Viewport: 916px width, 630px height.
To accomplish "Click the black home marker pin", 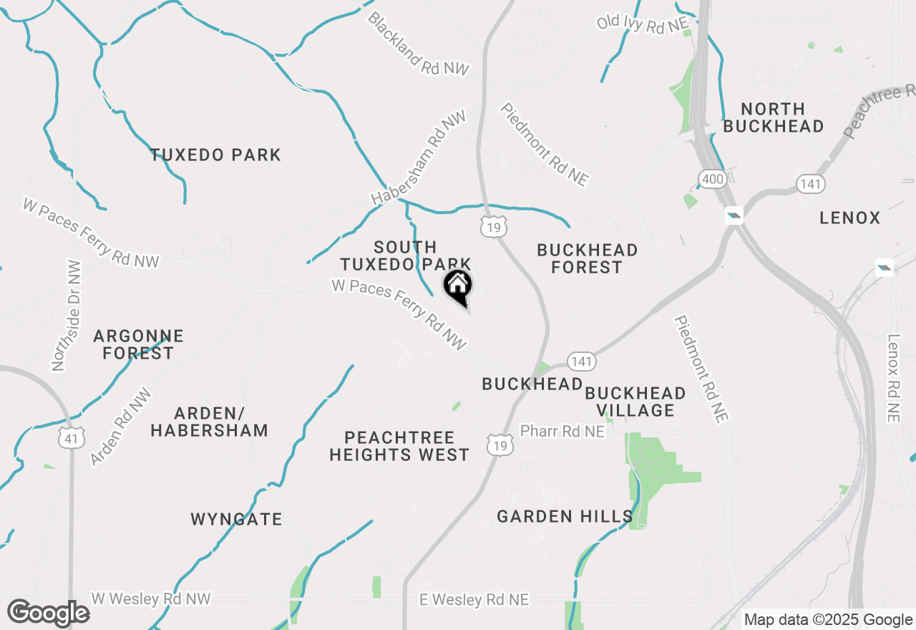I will pyautogui.click(x=458, y=288).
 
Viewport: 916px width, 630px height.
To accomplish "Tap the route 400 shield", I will pyautogui.click(x=713, y=179).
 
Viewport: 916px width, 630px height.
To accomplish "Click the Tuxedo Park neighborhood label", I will pyautogui.click(x=215, y=155).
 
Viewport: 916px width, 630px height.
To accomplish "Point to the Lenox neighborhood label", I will pyautogui.click(x=850, y=218).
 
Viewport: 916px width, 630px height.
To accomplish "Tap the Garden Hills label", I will pyautogui.click(x=565, y=516).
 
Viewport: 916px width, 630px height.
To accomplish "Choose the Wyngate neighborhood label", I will pyautogui.click(x=236, y=519).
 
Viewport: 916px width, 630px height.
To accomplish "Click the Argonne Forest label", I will pyautogui.click(x=138, y=344).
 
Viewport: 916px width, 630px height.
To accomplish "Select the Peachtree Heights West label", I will pyautogui.click(x=399, y=446).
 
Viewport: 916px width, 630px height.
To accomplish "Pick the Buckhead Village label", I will pyautogui.click(x=635, y=402).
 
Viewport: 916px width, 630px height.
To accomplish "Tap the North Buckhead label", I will pyautogui.click(x=773, y=117).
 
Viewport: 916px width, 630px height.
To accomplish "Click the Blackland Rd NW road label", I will pyautogui.click(x=418, y=44).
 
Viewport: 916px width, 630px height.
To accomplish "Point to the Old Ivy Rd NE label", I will pyautogui.click(x=642, y=24).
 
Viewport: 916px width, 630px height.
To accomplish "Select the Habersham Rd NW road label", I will pyautogui.click(x=418, y=158).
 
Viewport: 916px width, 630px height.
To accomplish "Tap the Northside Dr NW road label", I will pyautogui.click(x=67, y=316).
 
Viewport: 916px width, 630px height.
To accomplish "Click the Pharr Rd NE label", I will pyautogui.click(x=562, y=432).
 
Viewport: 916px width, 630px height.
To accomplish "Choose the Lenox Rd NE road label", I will pyautogui.click(x=893, y=378).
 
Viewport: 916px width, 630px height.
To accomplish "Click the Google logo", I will pyautogui.click(x=48, y=614).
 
